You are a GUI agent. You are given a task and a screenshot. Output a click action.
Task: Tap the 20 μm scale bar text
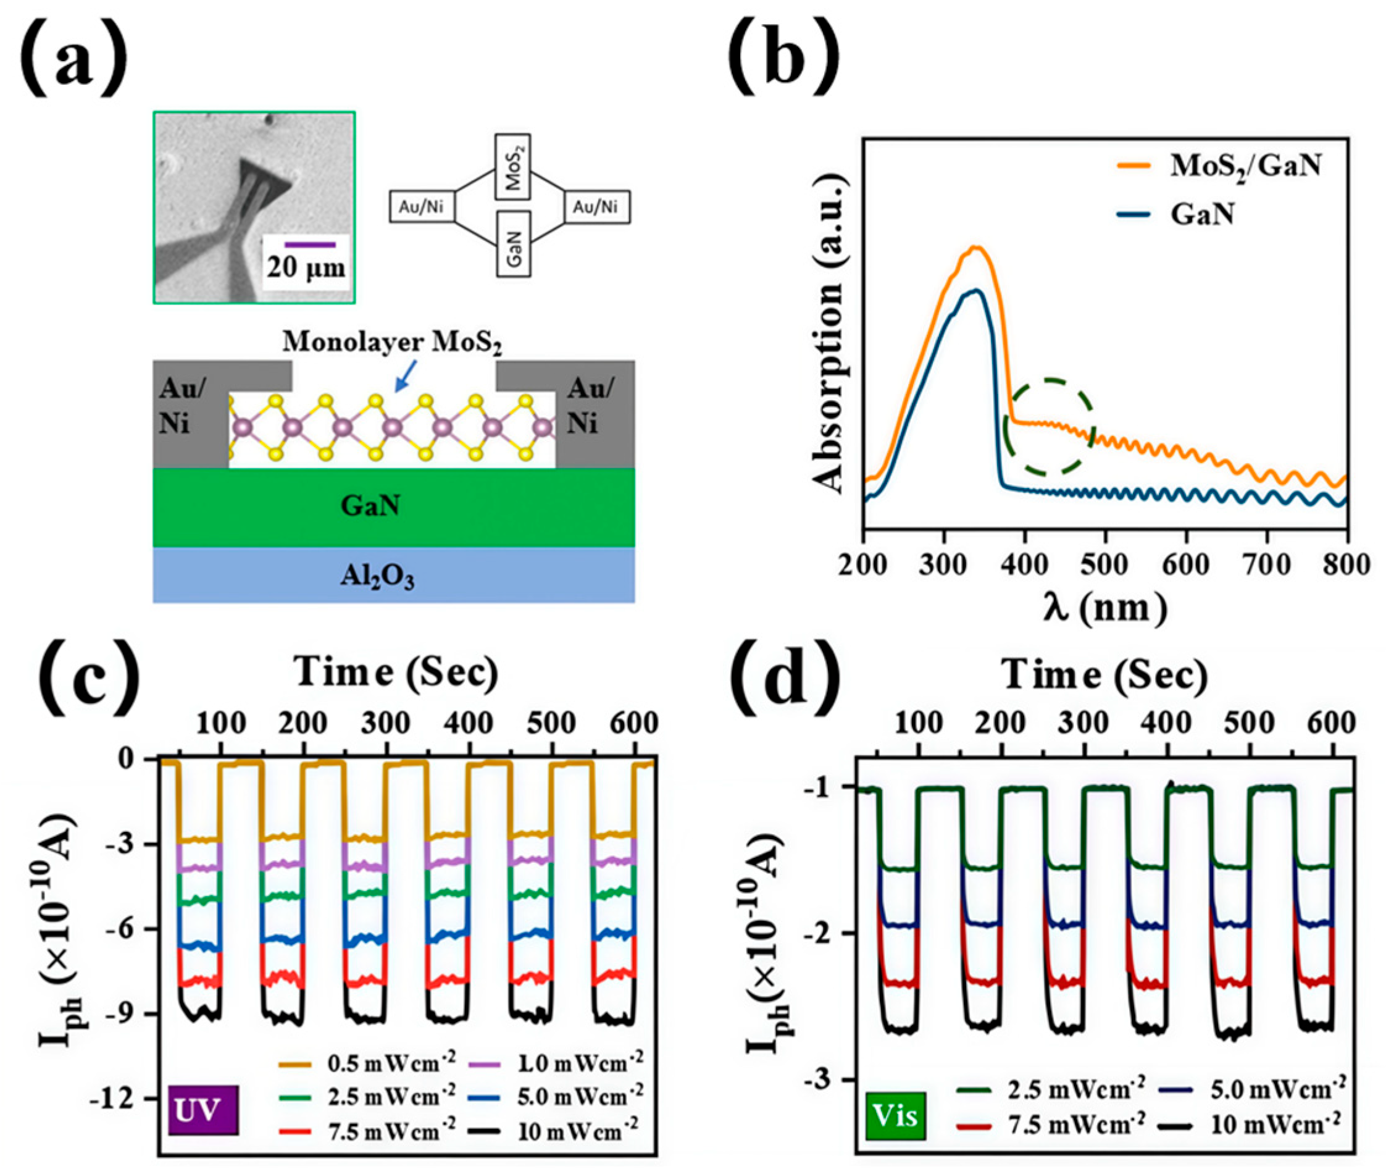307,267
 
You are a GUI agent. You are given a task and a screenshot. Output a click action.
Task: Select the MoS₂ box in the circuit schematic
513,167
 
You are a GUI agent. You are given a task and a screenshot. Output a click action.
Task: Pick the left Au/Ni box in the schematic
422,208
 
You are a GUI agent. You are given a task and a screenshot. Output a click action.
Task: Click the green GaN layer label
370,506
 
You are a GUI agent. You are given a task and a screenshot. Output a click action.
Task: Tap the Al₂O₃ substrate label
377,577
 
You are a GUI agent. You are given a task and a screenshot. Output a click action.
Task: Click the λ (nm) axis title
1104,607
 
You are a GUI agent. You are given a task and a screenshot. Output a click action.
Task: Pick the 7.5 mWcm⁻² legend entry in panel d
1051,1125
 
